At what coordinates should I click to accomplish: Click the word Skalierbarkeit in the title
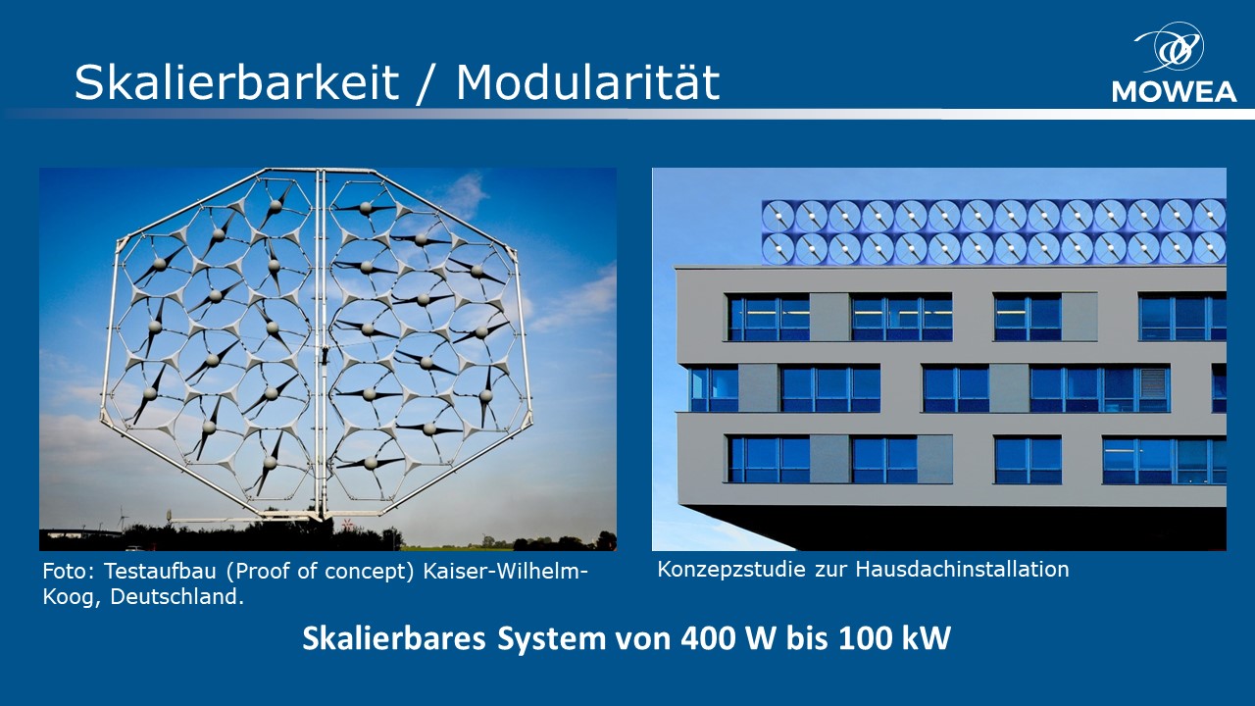coord(236,82)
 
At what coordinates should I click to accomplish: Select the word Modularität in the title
coord(587,82)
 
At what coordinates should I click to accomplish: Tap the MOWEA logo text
coord(1175,92)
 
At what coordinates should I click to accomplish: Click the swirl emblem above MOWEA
coord(1170,47)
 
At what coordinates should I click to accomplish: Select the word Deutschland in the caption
coord(177,597)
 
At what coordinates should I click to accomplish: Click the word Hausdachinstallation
coord(962,570)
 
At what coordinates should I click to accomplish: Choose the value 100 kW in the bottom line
coord(895,638)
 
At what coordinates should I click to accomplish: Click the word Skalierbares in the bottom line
coord(394,638)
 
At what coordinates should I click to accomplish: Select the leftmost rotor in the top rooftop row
coord(778,217)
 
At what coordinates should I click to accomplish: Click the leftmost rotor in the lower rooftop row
coord(778,249)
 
